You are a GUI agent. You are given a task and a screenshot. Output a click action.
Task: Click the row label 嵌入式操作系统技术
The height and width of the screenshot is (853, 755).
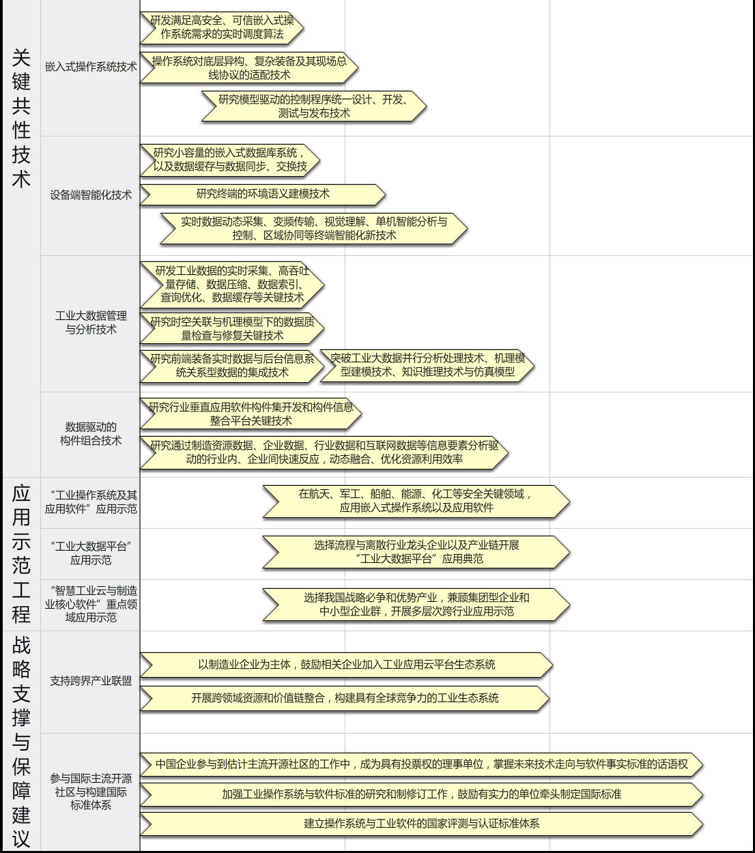[91, 66]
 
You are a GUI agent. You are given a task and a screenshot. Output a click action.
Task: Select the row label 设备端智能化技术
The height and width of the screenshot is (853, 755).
[91, 195]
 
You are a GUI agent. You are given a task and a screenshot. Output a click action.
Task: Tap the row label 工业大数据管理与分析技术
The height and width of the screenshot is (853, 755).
[91, 323]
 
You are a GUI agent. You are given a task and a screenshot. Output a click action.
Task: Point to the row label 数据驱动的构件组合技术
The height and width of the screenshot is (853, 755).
[91, 433]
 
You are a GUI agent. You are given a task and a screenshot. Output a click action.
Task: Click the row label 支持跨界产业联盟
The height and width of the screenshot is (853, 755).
[91, 681]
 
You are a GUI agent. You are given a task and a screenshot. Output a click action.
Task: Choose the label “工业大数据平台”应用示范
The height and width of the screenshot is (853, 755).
[91, 553]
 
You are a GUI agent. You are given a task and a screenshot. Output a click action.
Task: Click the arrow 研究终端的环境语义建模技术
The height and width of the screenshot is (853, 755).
[263, 194]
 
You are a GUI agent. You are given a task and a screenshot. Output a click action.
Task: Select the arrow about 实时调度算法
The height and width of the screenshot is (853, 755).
[222, 28]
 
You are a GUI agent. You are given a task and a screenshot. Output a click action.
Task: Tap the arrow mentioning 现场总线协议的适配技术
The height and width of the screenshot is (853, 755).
[249, 68]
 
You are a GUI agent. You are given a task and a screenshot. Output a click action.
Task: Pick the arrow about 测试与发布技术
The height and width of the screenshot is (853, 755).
[314, 106]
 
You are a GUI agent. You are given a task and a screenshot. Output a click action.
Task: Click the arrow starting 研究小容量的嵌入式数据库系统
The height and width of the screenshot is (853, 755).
[229, 160]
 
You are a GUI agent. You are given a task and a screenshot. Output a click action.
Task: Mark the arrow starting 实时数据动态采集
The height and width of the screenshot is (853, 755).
[314, 229]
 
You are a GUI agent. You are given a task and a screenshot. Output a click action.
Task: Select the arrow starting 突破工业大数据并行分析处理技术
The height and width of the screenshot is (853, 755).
[427, 366]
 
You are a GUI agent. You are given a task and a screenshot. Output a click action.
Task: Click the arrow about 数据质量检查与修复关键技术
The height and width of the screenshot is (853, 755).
[232, 328]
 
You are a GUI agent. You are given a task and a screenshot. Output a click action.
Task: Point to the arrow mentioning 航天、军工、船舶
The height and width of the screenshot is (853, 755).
[416, 501]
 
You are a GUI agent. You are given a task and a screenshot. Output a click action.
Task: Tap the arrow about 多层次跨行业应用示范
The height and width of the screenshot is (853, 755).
[416, 605]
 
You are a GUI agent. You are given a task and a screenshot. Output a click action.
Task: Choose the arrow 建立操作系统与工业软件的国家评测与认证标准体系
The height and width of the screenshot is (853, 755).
[421, 824]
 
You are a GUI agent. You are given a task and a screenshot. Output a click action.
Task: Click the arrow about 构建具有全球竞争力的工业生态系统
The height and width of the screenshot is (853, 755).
[345, 699]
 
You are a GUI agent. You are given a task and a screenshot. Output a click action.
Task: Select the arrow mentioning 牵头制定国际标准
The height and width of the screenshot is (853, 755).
[421, 794]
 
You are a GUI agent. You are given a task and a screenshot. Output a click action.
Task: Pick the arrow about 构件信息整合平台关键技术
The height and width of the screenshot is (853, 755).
[251, 414]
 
